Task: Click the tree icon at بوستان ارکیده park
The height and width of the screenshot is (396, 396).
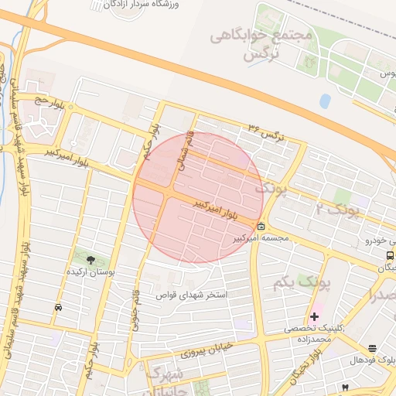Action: point(92,260)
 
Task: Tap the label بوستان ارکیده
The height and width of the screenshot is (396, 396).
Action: point(90,272)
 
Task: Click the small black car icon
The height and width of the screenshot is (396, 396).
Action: point(58,308)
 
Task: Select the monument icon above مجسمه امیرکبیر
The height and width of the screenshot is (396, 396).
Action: point(261,227)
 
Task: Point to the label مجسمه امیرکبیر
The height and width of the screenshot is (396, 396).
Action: point(261,238)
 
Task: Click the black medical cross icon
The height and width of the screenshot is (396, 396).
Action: point(314,316)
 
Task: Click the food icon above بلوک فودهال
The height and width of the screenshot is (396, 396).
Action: point(373,349)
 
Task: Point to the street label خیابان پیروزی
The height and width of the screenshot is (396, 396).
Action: point(207,352)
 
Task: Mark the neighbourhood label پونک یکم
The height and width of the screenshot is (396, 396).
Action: point(301,283)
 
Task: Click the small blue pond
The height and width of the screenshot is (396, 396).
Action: point(325,101)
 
